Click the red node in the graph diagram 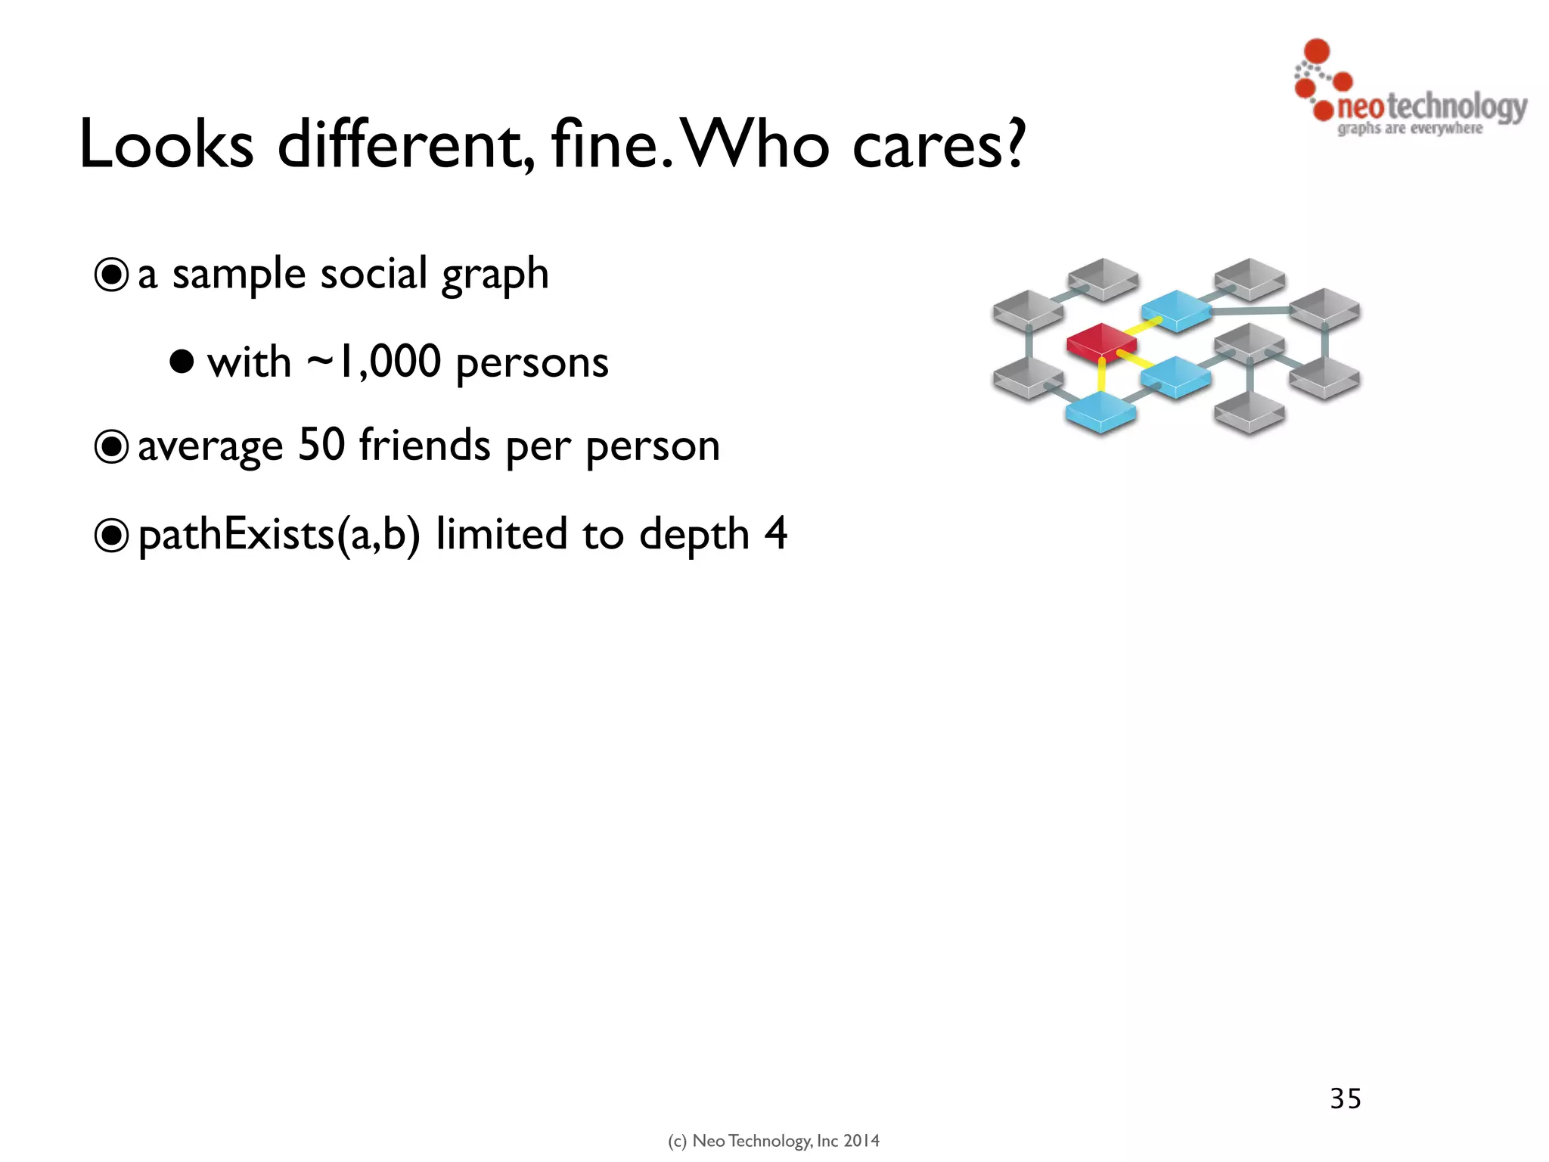(1100, 341)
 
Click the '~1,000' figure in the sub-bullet (374, 361)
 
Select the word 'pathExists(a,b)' (278, 536)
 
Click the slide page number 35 (1346, 1098)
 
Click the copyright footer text (774, 1141)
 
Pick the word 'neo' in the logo (1360, 107)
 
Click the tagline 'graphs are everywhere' (1410, 129)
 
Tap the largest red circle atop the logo (1317, 51)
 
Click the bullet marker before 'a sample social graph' (111, 275)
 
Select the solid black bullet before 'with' (182, 362)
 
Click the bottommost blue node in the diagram (1100, 413)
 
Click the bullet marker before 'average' (111, 447)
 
